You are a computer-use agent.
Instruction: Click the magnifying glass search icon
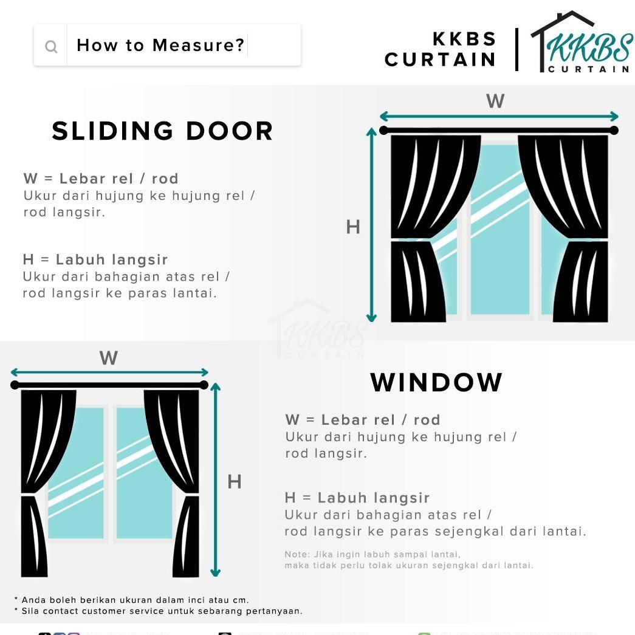tap(51, 46)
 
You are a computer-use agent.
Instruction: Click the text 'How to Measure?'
tap(160, 45)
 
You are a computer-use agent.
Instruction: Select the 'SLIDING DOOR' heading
tap(162, 131)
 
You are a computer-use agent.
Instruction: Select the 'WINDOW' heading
tap(436, 382)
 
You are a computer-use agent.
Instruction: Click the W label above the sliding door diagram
tap(495, 101)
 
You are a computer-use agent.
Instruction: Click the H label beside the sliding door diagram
tap(353, 227)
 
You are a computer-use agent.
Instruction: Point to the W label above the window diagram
tap(108, 358)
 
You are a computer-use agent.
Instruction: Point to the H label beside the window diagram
tap(235, 482)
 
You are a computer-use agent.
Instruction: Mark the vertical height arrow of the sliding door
tap(371, 225)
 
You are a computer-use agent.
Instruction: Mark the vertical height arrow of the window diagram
tap(215, 480)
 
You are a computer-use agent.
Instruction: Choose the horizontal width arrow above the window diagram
tap(109, 372)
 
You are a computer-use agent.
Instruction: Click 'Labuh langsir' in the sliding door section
tap(112, 259)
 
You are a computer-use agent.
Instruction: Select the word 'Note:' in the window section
tap(297, 554)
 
